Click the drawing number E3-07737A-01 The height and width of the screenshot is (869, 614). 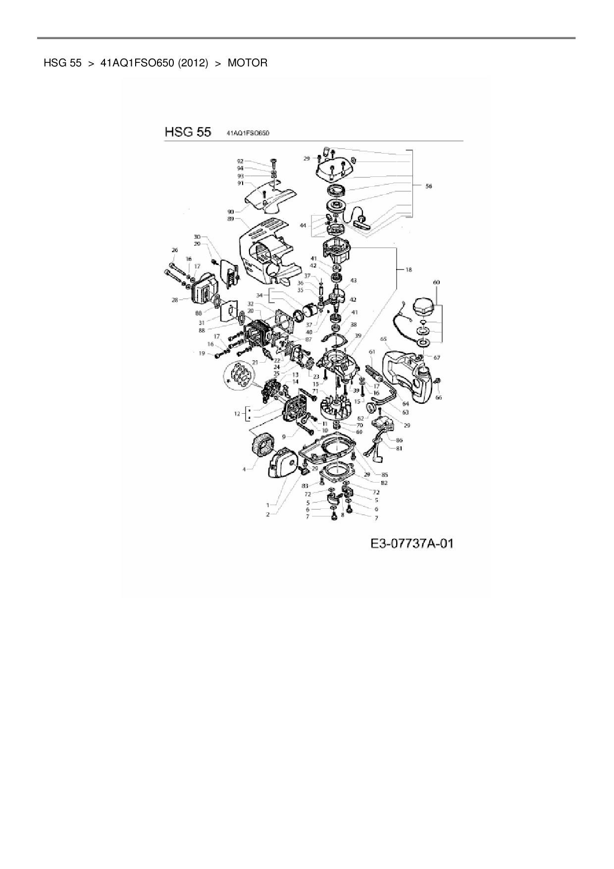pos(412,544)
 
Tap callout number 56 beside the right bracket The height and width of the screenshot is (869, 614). pos(428,186)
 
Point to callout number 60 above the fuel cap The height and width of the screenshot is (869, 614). pos(436,282)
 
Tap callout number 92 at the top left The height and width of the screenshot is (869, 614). pos(241,161)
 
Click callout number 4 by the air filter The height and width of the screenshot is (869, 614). pos(244,469)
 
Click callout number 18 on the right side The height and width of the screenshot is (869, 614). pos(409,270)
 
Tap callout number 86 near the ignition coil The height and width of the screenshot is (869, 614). pos(399,440)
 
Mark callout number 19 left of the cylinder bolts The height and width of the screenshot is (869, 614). pos(202,353)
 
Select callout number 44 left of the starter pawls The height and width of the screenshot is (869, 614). pos(303,225)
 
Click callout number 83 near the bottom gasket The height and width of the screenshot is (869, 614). pos(305,486)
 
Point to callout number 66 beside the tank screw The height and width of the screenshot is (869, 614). pos(439,397)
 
